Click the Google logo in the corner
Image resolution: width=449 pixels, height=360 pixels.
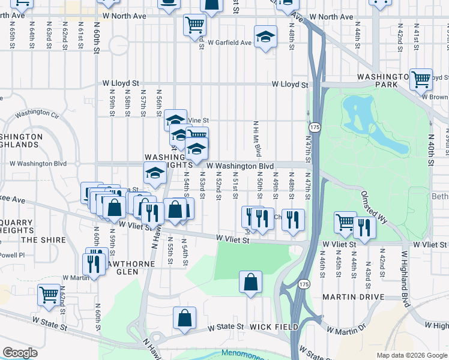tap(20, 353)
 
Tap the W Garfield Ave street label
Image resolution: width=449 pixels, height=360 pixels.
tap(230, 43)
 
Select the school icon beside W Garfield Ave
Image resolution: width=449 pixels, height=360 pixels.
tap(265, 37)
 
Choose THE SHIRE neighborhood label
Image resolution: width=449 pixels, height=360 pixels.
tap(39, 239)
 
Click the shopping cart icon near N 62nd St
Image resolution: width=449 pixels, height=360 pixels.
tap(49, 295)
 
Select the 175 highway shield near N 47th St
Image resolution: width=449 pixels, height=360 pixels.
tap(314, 128)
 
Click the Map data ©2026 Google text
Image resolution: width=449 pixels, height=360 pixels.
tap(412, 355)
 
